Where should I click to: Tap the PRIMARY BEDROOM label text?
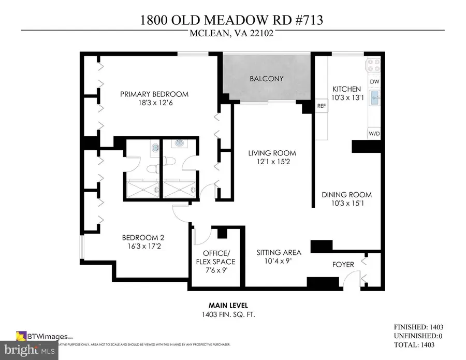(154, 94)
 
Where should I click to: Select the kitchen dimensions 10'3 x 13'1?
(346, 98)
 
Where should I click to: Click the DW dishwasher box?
(374, 82)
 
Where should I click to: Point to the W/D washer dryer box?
(374, 133)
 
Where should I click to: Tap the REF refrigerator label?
(322, 106)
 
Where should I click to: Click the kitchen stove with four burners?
(374, 65)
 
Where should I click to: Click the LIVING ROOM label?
(272, 153)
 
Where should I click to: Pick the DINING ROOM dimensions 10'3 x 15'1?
(346, 204)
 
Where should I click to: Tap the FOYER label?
(343, 265)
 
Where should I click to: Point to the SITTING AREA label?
(279, 253)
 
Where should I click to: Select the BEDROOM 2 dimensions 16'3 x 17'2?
(143, 247)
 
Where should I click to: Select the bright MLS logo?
(29, 351)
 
